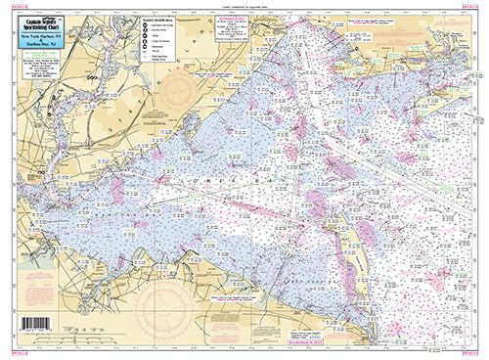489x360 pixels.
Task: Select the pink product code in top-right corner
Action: [x=476, y=9]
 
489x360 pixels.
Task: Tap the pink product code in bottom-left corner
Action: [x=11, y=351]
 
